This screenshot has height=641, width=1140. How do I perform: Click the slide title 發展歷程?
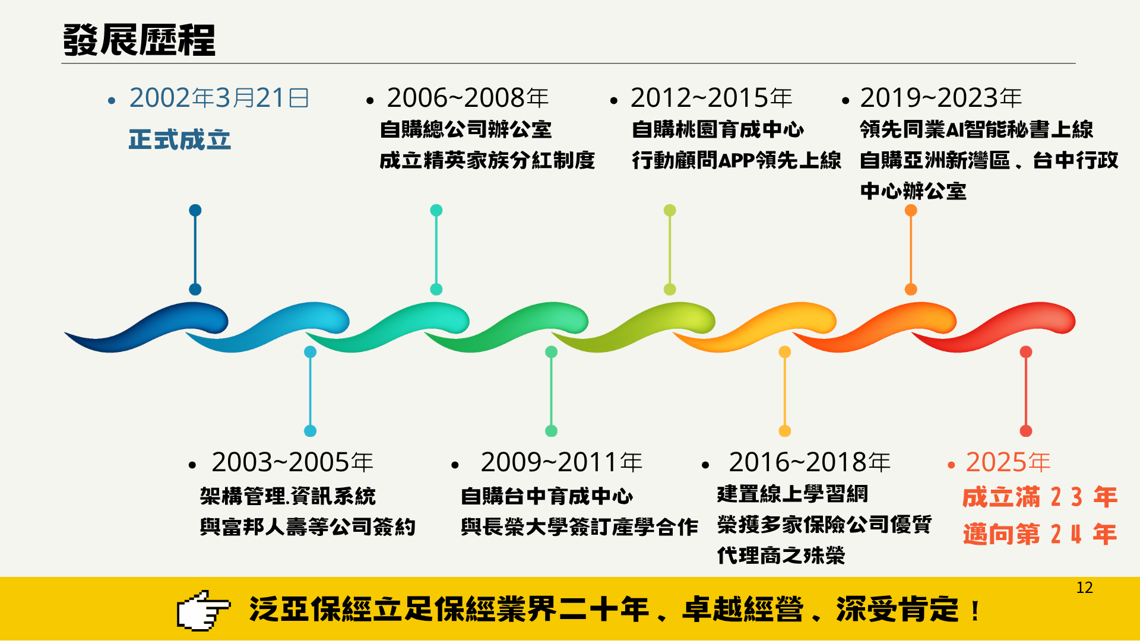[x=139, y=40]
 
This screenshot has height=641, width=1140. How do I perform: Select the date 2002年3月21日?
[x=219, y=98]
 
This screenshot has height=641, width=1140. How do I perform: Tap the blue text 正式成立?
[x=179, y=140]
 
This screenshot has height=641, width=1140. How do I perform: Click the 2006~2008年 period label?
[x=468, y=98]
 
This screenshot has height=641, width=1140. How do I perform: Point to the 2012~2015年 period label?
[x=711, y=98]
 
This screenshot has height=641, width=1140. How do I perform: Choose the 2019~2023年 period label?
[x=940, y=98]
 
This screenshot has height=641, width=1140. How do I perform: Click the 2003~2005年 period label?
[x=292, y=462]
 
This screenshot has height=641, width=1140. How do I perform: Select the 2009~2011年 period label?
[x=562, y=462]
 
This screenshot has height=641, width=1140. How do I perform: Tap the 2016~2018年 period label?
[x=810, y=462]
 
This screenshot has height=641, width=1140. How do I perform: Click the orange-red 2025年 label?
[x=1008, y=462]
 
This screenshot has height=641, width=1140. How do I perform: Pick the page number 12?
[x=1084, y=588]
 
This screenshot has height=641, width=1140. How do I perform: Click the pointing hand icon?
[x=203, y=610]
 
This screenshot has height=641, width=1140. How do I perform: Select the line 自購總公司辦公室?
[x=465, y=129]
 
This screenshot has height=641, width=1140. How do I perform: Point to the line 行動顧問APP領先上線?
[x=736, y=160]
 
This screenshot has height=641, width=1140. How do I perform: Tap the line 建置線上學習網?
[x=792, y=494]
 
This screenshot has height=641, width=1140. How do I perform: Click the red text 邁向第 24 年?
[x=1040, y=534]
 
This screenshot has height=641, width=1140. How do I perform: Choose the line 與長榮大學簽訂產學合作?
[x=579, y=527]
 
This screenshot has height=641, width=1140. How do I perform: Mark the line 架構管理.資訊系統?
[x=287, y=496]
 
